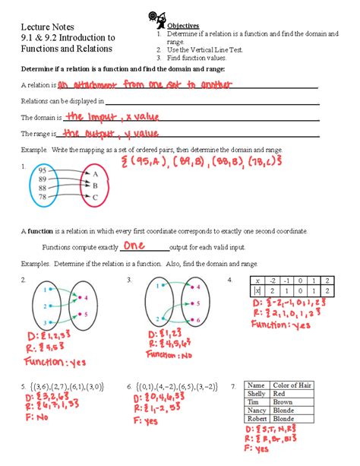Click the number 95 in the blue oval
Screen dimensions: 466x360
pos(43,170)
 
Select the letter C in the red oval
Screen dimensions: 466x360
pos(95,197)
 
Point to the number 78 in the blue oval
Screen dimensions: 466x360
pos(43,197)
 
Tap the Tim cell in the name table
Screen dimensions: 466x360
pos(255,404)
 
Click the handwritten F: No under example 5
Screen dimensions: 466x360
pos(39,417)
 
